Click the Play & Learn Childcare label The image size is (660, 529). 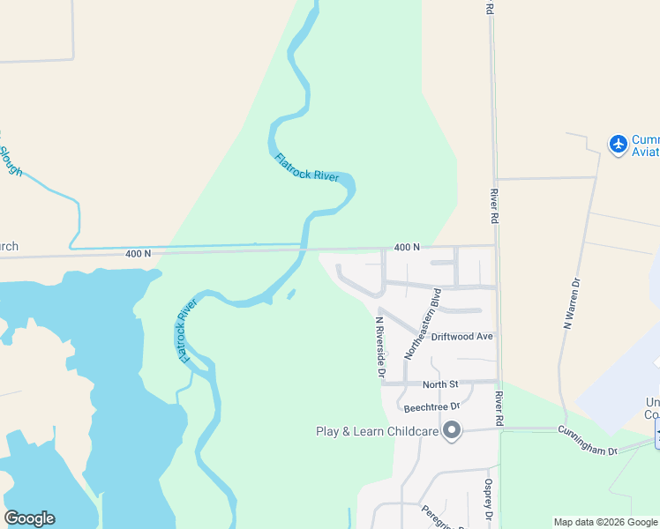point(377,431)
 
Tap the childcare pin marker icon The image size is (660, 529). point(452,431)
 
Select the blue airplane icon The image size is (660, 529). point(619,143)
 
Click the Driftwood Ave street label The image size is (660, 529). point(462,337)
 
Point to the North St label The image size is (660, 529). point(440,384)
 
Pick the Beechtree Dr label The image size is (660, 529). point(432,407)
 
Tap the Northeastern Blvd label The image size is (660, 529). point(422,324)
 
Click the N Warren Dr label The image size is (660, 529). point(572,304)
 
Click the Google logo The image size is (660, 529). point(29,518)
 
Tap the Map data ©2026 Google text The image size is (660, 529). point(604,522)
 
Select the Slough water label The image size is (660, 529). point(10,154)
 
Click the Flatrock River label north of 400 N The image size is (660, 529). point(306,168)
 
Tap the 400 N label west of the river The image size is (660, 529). point(138,254)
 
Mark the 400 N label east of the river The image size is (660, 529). point(407,248)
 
